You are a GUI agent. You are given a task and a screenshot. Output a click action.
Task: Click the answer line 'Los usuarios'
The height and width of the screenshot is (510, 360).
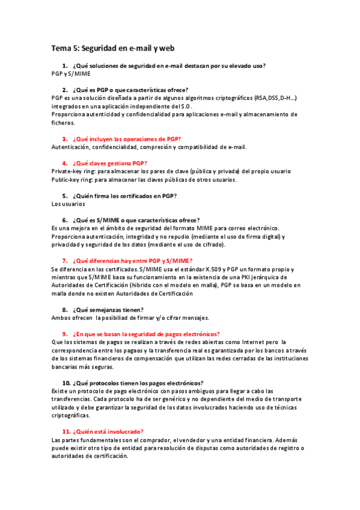coord(68,204)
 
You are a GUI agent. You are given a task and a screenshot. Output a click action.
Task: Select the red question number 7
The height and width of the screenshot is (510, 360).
coord(65,260)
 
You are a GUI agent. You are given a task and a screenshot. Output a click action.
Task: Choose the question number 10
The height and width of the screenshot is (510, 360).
coord(67,382)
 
